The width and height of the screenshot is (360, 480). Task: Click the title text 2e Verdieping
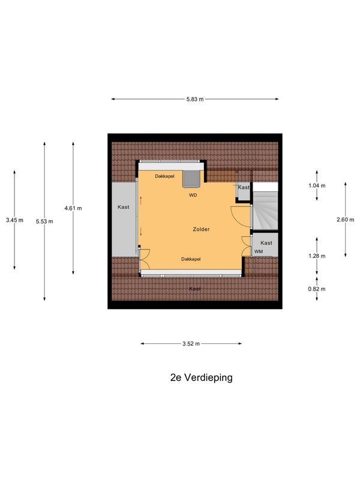[x=201, y=378]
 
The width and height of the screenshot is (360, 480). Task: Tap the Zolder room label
[x=201, y=229]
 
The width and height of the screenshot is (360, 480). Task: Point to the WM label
[x=259, y=251]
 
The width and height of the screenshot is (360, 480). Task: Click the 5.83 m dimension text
[x=195, y=100]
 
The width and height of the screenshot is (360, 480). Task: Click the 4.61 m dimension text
[x=73, y=208]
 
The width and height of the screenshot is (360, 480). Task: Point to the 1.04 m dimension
[x=317, y=185]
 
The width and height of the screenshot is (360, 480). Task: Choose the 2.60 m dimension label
[x=346, y=220]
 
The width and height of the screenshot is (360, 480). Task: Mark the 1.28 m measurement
[x=317, y=256]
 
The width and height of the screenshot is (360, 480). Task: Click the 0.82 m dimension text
[x=317, y=289]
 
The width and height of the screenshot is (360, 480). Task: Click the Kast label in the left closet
[x=124, y=207]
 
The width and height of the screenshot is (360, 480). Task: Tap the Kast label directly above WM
[x=266, y=242]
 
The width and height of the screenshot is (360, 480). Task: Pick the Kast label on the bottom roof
[x=195, y=289]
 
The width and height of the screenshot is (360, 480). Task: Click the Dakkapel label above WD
[x=164, y=176]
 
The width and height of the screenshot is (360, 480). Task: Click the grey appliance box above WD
[x=192, y=179]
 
